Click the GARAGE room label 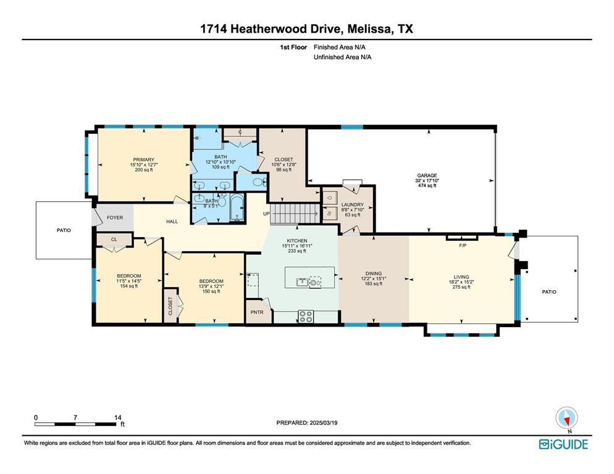click(426, 175)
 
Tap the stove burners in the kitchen click(306, 315)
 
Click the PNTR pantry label click(256, 312)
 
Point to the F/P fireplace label click(461, 245)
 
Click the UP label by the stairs click(266, 214)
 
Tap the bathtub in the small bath click(238, 208)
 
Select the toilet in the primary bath click(259, 182)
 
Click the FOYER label click(115, 217)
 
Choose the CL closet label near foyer click(114, 239)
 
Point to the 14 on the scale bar click(117, 417)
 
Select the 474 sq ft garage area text click(426, 186)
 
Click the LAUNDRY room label click(352, 204)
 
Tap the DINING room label click(374, 273)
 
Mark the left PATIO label click(64, 230)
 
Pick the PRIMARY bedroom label click(143, 159)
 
